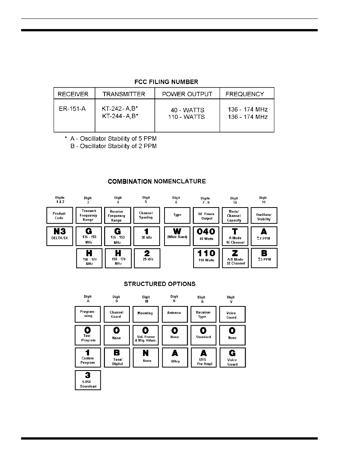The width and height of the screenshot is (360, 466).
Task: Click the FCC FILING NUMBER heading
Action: (x=166, y=82)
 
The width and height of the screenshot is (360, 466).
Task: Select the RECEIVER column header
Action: (x=73, y=94)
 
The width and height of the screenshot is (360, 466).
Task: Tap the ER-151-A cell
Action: (x=72, y=109)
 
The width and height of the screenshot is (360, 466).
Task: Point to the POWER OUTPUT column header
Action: (x=187, y=94)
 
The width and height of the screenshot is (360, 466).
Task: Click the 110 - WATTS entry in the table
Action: (x=186, y=117)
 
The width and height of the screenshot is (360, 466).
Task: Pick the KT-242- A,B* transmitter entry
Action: (x=120, y=109)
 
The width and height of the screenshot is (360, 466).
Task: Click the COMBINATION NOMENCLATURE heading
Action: (x=157, y=181)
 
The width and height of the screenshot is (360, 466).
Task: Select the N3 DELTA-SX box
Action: (x=60, y=236)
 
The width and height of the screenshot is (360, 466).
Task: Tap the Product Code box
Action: (x=59, y=215)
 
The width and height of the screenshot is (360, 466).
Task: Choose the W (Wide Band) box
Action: (x=177, y=236)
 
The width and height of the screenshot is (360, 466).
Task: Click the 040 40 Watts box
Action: (x=206, y=236)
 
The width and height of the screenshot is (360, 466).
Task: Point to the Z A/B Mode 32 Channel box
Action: (x=235, y=258)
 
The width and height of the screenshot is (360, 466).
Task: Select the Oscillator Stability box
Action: (x=264, y=215)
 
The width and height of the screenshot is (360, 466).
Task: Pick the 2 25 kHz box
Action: (x=147, y=258)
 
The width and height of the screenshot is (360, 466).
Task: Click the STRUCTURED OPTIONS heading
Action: (x=160, y=284)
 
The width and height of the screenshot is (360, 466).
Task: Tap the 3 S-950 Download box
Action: (x=88, y=380)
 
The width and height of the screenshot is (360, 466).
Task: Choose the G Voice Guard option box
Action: (x=232, y=357)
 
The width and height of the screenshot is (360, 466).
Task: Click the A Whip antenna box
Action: (x=175, y=357)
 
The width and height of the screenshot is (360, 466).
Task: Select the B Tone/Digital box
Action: (x=117, y=357)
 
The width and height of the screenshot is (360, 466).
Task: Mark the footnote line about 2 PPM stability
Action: (x=113, y=146)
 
